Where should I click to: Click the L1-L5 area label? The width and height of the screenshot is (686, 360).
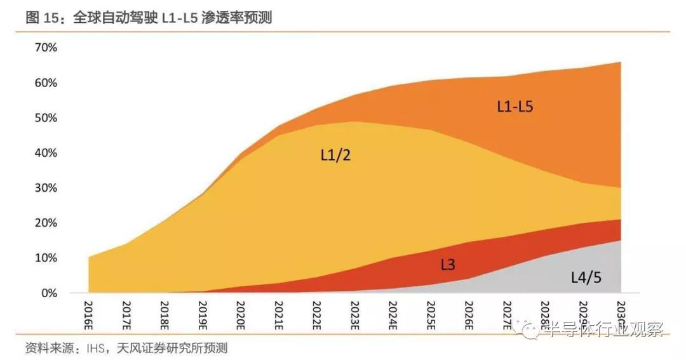514,106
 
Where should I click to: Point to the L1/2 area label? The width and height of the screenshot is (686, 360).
335,154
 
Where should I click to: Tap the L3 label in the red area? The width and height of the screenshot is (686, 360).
448,263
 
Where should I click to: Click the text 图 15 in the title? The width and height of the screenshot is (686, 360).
42,18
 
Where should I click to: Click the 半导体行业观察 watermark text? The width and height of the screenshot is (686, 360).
600,329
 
